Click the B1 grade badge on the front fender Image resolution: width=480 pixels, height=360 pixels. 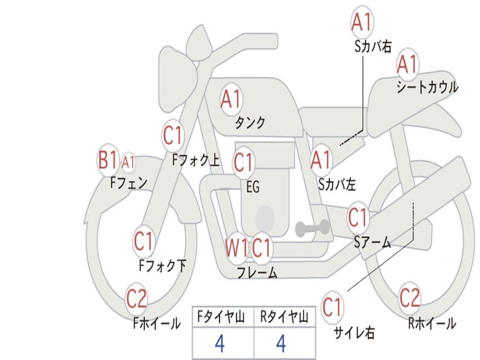click(x=107, y=160)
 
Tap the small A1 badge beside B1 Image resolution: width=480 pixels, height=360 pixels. click(x=128, y=162)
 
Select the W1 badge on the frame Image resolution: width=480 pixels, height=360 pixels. click(x=236, y=247)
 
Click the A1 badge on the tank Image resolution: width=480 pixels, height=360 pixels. click(x=231, y=99)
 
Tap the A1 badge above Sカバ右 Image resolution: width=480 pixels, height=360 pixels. click(x=362, y=22)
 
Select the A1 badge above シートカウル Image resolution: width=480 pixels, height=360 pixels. click(x=407, y=64)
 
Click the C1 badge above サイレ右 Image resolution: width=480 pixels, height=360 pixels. click(x=332, y=307)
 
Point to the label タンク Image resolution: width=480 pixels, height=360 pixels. click(x=250, y=123)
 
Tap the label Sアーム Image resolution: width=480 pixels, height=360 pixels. click(x=373, y=242)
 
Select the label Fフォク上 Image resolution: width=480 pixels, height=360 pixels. click(x=196, y=160)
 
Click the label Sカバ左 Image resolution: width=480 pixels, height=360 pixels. click(x=337, y=184)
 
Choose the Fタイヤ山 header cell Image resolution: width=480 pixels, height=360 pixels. click(x=223, y=316)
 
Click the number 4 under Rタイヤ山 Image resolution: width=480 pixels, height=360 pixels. click(x=281, y=344)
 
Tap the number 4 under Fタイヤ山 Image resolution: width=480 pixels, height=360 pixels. click(x=220, y=344)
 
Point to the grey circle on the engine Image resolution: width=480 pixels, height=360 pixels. click(x=265, y=218)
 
